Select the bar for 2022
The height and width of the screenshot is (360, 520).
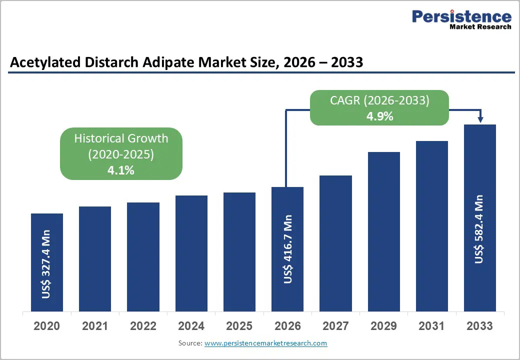tap(143, 257)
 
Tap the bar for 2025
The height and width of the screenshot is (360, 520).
tap(239, 252)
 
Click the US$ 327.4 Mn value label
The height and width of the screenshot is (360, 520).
tap(46, 264)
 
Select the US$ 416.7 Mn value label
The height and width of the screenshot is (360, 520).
tap(287, 249)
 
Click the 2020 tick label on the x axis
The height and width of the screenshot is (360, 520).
tap(46, 326)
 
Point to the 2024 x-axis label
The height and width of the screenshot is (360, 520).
tap(191, 326)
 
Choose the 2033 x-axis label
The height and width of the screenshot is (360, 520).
tap(479, 326)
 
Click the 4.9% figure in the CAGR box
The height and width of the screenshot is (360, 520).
tap(379, 116)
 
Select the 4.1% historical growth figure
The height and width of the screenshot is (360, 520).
tap(121, 170)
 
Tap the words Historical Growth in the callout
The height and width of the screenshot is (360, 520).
tap(121, 138)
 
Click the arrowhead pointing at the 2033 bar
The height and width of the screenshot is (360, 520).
tap(480, 119)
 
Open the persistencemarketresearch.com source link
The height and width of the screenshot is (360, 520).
tap(265, 343)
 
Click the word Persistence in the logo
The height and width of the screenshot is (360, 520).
tap(461, 17)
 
